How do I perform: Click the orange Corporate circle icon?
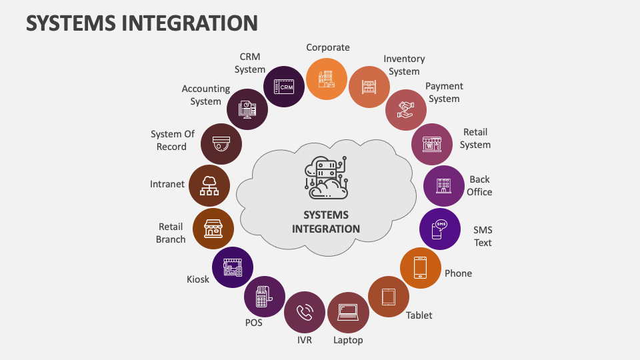327,79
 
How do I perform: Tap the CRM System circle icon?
285,87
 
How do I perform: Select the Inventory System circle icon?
369,87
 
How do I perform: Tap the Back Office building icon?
444,186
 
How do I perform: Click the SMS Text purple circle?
440,229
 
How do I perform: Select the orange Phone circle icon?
421,267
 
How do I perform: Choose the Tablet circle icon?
389,296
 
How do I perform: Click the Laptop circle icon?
348,312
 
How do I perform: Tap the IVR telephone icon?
305,312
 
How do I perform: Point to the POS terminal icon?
264,296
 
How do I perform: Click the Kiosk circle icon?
233,267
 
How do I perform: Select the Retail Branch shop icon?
213,229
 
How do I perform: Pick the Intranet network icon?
209,185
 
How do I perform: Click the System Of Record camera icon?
221,143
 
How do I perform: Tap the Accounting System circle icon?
247,109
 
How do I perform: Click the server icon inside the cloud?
326,177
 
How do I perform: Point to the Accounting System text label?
205,95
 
